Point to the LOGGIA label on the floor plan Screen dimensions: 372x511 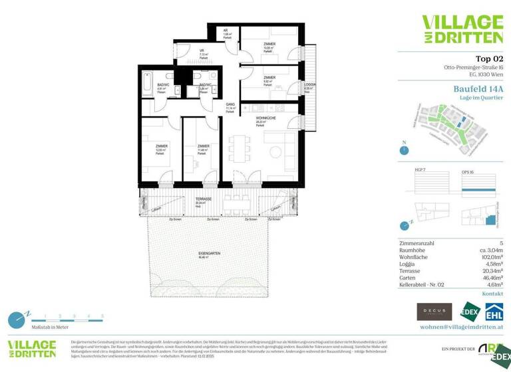pos(309,85)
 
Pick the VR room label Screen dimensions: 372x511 pos(201,51)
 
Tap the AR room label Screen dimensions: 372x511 pos(226,31)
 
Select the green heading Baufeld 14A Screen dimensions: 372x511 pos(478,88)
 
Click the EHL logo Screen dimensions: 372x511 pos(493,312)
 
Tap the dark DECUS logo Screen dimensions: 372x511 pos(434,312)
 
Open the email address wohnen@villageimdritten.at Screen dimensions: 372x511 pos(461,327)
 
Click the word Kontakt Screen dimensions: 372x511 pos(492,293)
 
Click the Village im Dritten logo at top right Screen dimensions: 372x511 pos(462,29)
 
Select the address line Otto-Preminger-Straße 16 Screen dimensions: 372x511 pos(473,68)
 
